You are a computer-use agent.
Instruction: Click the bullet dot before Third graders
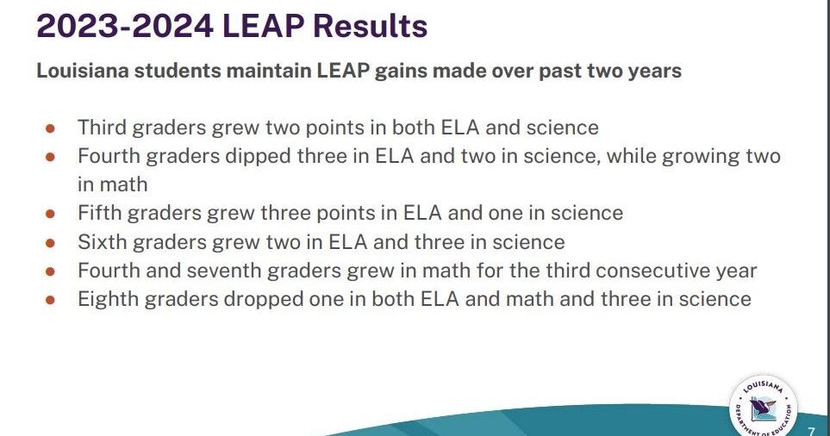[x=50, y=128]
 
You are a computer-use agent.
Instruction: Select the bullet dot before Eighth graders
[x=50, y=300]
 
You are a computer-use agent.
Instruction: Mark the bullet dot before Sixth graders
[x=50, y=242]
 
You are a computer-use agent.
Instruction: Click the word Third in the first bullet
[x=99, y=128]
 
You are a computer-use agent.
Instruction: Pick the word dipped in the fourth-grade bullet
[x=232, y=156]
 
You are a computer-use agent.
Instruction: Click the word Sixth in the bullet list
[x=100, y=242]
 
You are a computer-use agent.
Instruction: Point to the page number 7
[x=811, y=430]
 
